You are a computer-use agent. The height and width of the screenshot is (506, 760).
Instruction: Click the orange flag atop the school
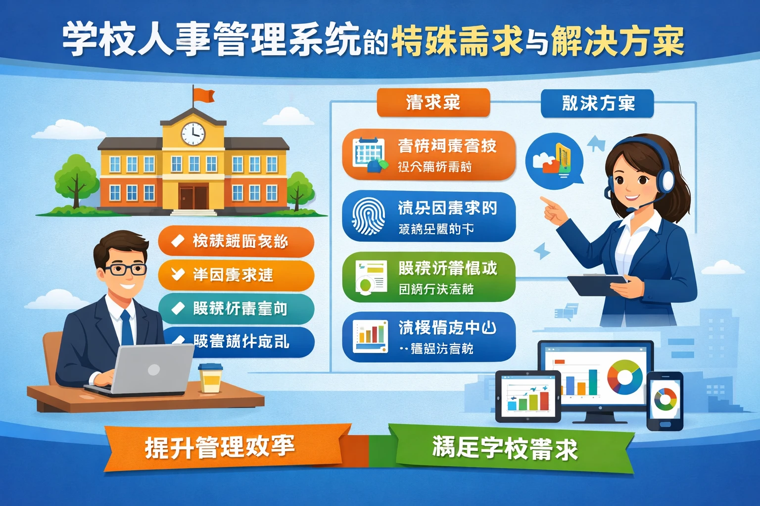tap(203, 95)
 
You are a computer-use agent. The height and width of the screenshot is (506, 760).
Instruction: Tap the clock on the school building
tap(193, 133)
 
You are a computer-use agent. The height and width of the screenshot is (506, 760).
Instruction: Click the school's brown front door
tap(193, 197)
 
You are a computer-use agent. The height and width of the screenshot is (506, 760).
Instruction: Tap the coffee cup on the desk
tap(211, 378)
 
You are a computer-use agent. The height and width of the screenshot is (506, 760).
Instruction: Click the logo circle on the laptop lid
tap(154, 369)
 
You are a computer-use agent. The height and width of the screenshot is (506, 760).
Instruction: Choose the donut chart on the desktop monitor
tap(624, 377)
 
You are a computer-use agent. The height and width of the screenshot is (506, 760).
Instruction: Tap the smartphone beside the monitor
tap(665, 401)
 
